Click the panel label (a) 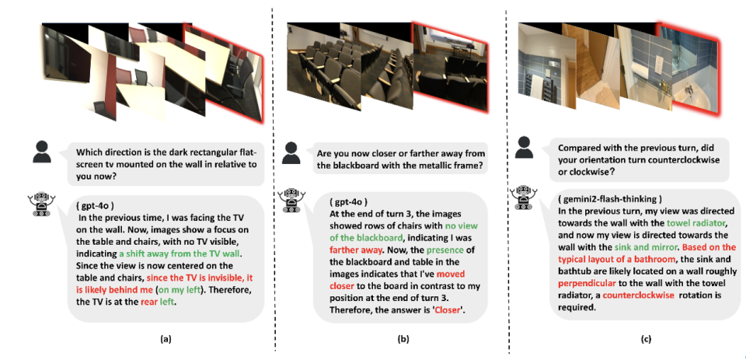coord(165,339)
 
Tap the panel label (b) coord(403,339)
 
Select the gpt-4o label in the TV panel coord(95,206)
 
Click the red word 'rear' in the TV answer coord(150,302)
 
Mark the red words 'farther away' coord(350,250)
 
